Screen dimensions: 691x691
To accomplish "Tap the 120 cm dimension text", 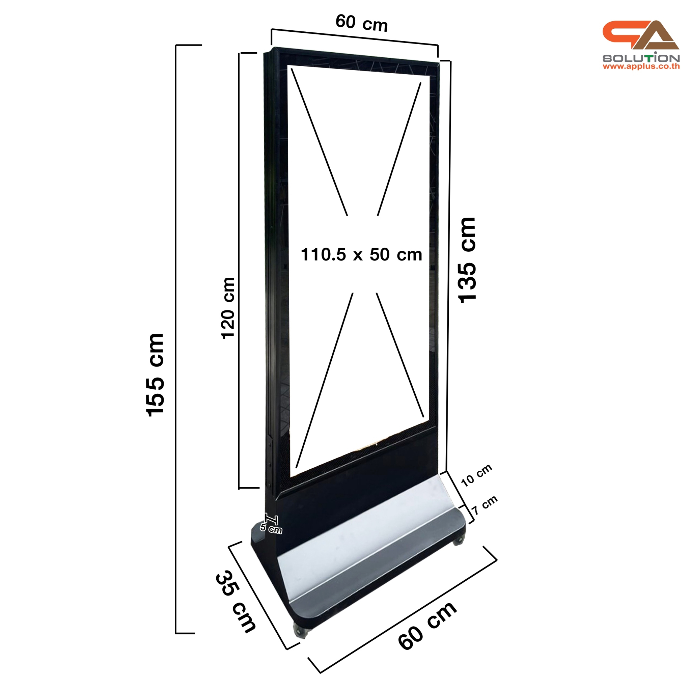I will click(x=228, y=308).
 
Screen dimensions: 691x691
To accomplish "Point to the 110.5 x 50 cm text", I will click(x=361, y=255).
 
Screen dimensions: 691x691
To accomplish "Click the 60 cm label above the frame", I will click(x=361, y=24).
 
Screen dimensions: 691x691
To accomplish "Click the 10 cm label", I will click(x=476, y=476).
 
